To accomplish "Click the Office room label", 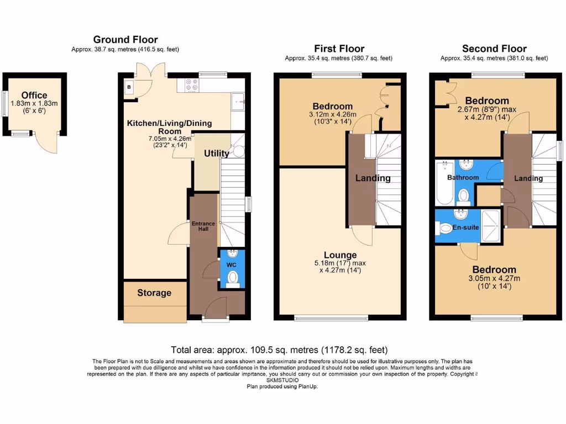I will [34, 96].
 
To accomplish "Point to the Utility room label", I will [216, 153].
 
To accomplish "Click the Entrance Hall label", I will [203, 226].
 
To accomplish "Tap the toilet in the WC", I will [233, 277].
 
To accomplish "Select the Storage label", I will [154, 293].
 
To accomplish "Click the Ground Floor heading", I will [125, 39].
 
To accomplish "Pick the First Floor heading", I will [339, 49].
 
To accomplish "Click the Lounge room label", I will [340, 255].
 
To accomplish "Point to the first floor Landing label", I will [373, 178].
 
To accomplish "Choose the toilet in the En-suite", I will [444, 227].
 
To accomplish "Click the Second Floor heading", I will [494, 49].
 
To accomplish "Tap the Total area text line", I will [279, 349].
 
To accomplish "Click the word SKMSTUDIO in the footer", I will [282, 380].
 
